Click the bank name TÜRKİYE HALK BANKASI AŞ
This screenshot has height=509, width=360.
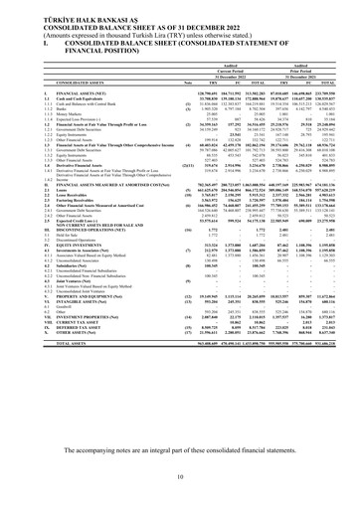tap(60, 6)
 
